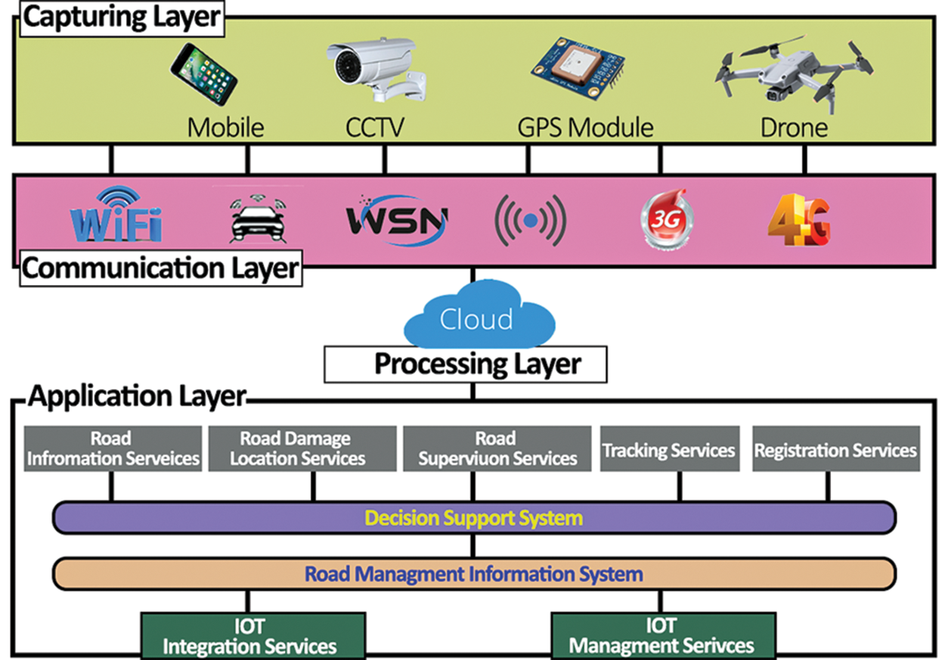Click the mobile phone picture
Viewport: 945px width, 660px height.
[x=203, y=74]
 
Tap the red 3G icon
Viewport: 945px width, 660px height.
[x=667, y=219]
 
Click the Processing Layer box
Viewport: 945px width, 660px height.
[x=466, y=364]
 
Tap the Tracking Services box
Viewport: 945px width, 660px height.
[x=668, y=451]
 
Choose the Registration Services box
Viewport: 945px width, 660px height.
[x=835, y=451]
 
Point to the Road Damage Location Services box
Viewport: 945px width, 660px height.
[x=302, y=449]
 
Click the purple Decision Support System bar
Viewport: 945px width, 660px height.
[x=474, y=518]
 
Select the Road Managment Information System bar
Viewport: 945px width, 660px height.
[x=474, y=574]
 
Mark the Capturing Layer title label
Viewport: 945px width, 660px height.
[x=121, y=17]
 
